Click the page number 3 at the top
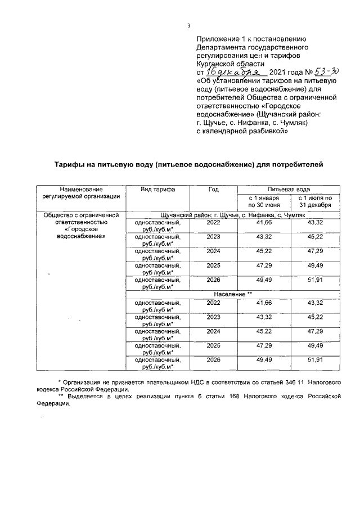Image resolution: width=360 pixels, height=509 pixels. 188,26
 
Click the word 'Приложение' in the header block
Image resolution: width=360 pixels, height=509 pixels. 217,39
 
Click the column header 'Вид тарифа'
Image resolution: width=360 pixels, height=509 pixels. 159,190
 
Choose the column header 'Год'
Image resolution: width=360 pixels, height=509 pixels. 213,190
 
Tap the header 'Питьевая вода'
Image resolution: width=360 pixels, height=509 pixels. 289,190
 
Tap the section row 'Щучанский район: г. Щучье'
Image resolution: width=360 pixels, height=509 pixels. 232,215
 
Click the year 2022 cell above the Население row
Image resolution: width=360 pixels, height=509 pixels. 213,223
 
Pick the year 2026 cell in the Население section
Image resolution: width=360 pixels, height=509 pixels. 213,359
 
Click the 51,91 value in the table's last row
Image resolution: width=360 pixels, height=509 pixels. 314,359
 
